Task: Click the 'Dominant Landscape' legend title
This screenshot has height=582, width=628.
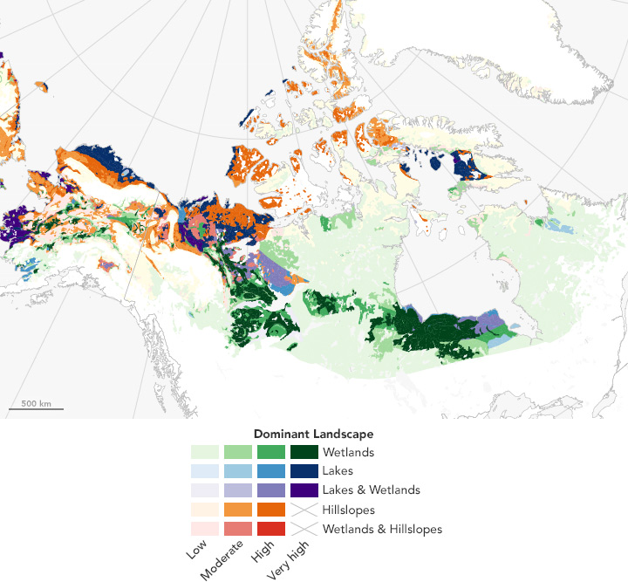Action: pos(313,434)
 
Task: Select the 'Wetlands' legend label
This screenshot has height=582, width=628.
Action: pos(348,453)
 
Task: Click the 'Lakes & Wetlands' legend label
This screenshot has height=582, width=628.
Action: pos(371,490)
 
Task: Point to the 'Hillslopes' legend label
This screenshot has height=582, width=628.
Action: pos(351,510)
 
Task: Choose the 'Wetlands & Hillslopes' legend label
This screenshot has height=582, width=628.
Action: pos(382,529)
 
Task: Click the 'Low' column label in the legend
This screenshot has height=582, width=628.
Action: pos(196,552)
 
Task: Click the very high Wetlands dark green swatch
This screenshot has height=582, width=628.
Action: pos(304,453)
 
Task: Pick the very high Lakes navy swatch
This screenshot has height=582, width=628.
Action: pos(304,471)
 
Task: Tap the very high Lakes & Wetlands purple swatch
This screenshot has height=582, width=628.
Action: pos(304,490)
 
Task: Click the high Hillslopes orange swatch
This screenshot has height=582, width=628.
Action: pos(271,510)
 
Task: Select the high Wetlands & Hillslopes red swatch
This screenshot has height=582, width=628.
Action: pos(271,529)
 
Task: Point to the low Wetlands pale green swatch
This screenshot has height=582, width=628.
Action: pos(205,453)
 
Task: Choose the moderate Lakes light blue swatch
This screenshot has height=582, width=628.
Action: pos(238,471)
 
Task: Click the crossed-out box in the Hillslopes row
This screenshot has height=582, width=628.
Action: pos(304,510)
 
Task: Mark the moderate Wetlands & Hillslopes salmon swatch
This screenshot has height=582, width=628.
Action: pos(238,529)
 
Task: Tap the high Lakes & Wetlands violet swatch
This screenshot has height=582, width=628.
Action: pos(271,490)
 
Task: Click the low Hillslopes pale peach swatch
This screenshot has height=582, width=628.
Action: pos(205,510)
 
